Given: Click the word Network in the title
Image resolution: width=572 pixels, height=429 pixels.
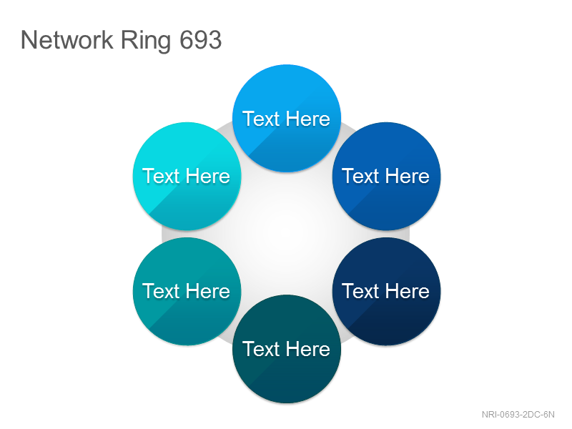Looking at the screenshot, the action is coord(67,39).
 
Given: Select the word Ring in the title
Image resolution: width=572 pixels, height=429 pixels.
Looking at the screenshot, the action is coord(146,41).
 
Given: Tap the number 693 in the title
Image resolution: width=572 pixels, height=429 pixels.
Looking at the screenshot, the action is coord(201,39).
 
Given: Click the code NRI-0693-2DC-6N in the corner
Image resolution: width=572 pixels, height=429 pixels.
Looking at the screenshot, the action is coord(518,415).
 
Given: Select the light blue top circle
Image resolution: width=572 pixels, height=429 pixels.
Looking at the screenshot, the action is coord(287,118).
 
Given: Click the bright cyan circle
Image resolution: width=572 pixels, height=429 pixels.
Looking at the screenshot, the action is coord(187,176).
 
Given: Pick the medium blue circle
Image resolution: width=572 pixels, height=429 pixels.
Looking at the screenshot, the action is coord(386,176).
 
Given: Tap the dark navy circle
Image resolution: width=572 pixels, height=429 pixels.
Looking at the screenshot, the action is coord(386,291).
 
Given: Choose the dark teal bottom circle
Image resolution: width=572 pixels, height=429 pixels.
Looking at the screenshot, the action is coord(287,349).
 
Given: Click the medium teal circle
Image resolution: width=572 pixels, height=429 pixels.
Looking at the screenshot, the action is coord(187,291).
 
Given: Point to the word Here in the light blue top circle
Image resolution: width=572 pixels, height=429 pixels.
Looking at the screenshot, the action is coord(308,119).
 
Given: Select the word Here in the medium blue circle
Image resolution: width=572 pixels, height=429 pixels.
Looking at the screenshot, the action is coord(408,176).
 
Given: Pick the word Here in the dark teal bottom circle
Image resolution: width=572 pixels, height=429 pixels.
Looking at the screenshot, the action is coord(308,349).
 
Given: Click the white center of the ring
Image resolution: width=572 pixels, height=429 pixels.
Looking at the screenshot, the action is coord(287,234).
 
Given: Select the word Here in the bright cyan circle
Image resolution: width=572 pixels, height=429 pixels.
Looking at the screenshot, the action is coord(208,176).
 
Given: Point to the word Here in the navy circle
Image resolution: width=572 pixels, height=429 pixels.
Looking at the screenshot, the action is coord(408,291).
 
